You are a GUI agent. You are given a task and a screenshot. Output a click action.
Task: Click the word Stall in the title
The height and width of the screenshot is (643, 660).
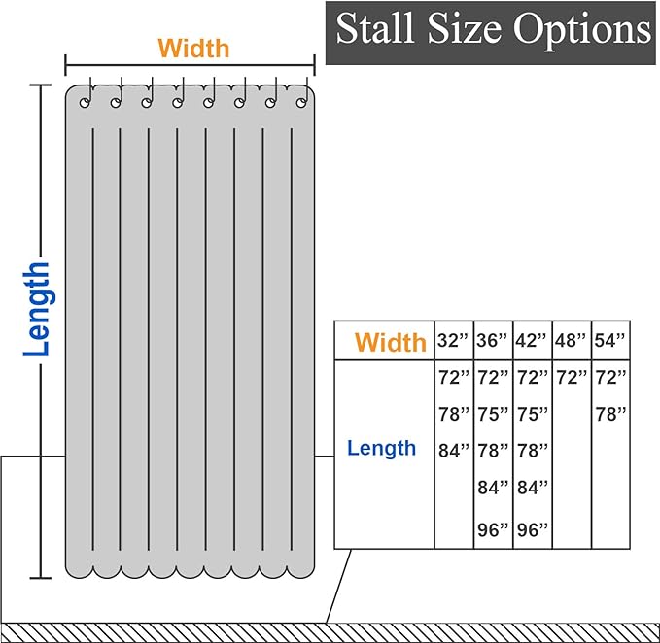pos(374,28)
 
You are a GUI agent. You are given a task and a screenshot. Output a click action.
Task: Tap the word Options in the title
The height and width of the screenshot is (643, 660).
pos(582,28)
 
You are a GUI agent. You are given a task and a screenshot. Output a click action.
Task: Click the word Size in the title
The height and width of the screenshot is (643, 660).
pos(465,28)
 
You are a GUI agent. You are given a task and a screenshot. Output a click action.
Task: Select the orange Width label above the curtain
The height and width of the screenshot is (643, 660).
pos(193,49)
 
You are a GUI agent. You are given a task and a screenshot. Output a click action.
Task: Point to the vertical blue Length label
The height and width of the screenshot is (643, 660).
pos(37,310)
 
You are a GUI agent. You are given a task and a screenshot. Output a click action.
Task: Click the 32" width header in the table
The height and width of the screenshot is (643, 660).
pos(453,340)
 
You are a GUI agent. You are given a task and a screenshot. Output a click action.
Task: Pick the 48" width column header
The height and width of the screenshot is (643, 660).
pos(571,340)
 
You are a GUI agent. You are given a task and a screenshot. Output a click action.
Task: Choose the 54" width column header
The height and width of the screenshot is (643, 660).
pos(609,340)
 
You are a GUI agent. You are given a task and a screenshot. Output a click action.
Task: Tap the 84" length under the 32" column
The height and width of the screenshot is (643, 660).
pos(454,451)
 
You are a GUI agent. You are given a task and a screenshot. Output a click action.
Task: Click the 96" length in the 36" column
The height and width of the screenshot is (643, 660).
pos(493,530)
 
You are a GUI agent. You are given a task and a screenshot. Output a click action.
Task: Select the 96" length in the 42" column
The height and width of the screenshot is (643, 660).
pos(533,530)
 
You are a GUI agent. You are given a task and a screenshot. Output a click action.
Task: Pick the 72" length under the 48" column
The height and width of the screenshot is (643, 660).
pos(572,377)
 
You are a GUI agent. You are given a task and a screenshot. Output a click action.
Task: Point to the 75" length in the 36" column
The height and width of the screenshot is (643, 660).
pos(493,414)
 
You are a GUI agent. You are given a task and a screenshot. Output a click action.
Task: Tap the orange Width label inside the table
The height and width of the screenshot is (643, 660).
pos(391,342)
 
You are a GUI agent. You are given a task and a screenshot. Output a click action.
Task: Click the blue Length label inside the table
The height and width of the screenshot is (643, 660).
pos(381,449)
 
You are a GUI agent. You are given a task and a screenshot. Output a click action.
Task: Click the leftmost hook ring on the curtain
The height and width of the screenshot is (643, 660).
pos(85,103)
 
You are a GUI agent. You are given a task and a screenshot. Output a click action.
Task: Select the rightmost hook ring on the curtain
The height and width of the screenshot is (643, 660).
pos(301,103)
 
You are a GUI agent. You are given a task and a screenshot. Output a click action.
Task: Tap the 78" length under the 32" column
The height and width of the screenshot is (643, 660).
pos(454,414)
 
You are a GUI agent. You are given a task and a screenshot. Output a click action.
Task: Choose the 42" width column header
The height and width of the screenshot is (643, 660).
pos(531,340)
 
